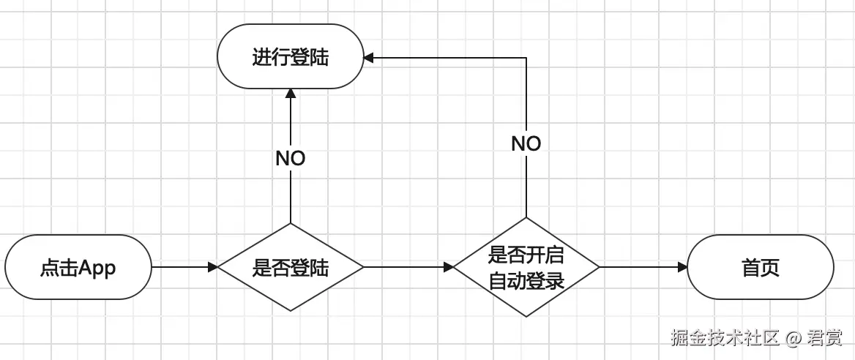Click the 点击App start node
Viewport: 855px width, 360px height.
(78, 268)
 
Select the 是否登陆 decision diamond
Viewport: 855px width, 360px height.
(291, 268)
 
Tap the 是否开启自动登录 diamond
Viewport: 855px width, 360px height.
(526, 267)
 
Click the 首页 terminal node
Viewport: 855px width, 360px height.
(761, 268)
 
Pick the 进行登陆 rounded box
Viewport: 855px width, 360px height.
(291, 57)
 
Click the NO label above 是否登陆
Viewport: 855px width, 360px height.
(291, 158)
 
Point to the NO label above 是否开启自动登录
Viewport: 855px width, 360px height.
(526, 143)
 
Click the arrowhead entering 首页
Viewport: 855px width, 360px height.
(682, 268)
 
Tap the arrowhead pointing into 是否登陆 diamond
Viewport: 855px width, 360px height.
(213, 268)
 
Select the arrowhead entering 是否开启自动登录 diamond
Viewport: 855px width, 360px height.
(448, 268)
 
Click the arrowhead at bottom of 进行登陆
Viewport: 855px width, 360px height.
(291, 94)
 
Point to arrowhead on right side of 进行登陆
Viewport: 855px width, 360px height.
(370, 57)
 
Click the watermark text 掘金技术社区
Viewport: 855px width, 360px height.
(725, 337)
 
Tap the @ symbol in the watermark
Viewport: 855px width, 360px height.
(794, 338)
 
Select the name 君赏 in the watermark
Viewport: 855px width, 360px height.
(824, 337)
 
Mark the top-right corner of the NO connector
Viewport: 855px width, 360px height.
(526, 57)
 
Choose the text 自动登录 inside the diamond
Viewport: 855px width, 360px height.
(526, 280)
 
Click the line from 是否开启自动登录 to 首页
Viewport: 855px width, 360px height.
(641, 268)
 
